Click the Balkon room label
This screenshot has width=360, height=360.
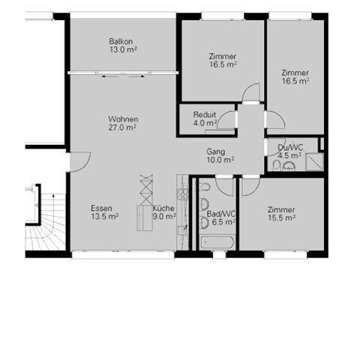click(121, 41)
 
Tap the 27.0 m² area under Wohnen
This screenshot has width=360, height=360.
click(122, 127)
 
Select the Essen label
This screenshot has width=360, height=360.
click(101, 208)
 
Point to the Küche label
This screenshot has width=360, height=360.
click(163, 208)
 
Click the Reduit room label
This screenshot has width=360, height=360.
click(205, 115)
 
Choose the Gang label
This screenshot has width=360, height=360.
click(216, 151)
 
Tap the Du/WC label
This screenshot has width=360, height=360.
click(290, 148)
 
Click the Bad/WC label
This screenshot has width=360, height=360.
click(221, 214)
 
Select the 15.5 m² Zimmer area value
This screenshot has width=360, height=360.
click(281, 218)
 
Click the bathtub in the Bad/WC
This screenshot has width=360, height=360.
click(217, 242)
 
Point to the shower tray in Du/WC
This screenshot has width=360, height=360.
click(315, 162)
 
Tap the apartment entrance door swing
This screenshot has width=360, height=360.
click(80, 162)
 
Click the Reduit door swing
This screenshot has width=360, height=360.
click(226, 120)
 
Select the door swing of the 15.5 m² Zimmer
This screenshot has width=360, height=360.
click(250, 187)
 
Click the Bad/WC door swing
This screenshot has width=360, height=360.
click(224, 187)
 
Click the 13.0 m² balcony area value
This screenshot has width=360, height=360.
click(123, 49)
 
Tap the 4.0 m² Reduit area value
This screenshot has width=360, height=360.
click(205, 123)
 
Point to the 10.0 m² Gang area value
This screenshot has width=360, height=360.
click(220, 160)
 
